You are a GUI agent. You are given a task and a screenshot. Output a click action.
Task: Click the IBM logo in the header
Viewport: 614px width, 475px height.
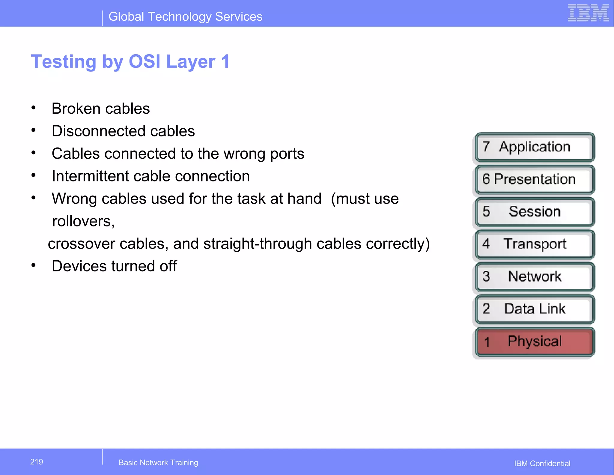coord(588,13)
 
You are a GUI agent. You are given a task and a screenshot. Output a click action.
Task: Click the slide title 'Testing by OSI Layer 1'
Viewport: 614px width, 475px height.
coord(130,61)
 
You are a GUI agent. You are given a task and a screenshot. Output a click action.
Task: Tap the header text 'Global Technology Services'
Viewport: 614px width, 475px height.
coord(185,16)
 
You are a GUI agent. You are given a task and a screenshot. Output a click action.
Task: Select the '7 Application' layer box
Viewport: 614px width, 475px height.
coord(534,147)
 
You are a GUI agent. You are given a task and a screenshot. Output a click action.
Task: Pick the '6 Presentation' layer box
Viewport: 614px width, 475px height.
coord(534,179)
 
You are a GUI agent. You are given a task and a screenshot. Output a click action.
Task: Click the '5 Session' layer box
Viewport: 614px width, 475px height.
coord(534,212)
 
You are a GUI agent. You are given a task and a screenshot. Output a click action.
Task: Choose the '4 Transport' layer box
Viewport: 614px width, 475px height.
coord(534,244)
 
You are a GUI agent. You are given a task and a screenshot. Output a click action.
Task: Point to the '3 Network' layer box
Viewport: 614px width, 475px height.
coord(534,276)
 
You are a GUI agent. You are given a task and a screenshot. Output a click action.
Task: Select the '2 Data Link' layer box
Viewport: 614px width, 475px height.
coord(534,309)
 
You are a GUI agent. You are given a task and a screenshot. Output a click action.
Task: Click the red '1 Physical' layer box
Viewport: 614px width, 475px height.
coord(534,342)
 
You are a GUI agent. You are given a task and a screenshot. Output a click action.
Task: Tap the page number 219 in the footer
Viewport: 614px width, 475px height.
coord(37,462)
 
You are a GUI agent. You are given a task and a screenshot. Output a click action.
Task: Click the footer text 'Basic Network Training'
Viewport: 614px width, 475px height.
coord(158,462)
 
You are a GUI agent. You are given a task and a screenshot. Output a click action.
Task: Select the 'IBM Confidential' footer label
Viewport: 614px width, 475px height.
coord(542,463)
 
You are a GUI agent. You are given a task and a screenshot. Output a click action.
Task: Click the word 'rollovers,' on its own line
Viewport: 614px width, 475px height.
coord(83,221)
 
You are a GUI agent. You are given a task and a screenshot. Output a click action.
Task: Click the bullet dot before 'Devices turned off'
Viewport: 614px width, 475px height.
coord(34,265)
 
